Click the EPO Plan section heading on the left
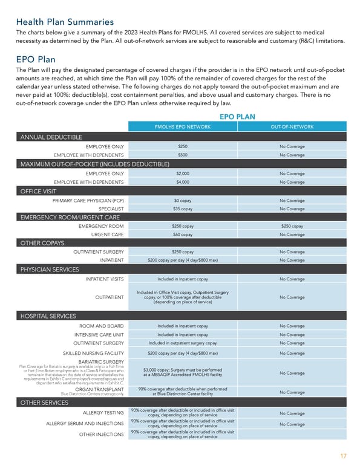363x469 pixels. point(36,60)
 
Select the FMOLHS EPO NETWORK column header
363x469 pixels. point(183,127)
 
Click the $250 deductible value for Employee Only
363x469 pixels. point(183,146)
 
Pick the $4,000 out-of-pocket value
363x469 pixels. point(183,182)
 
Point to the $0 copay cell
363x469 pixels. point(183,200)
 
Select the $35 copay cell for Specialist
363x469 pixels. point(183,209)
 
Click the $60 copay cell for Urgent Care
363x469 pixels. point(183,234)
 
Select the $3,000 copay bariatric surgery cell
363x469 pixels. point(183,373)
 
